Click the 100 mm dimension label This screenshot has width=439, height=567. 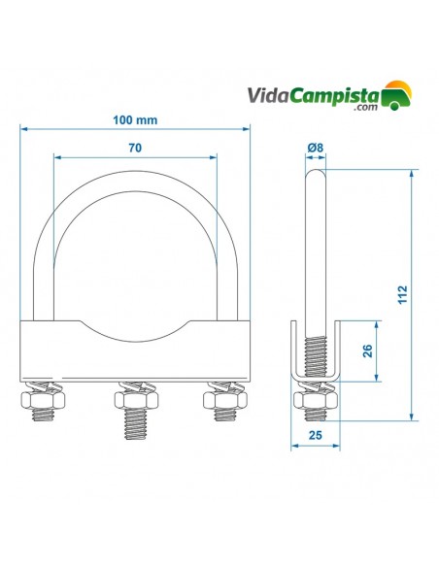pos(135,119)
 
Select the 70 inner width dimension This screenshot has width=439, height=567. pos(135,148)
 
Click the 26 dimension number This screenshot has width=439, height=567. pos(366,350)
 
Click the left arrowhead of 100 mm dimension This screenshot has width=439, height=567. pos(23,128)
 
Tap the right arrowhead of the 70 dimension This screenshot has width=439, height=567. pos(214,157)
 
